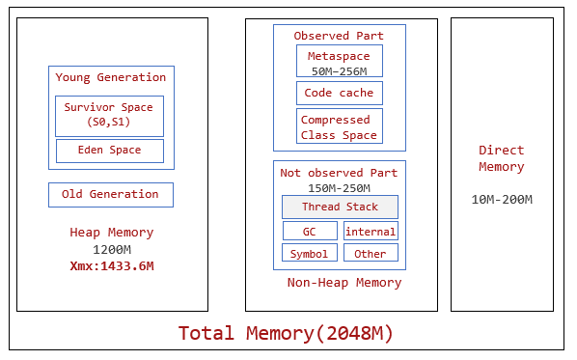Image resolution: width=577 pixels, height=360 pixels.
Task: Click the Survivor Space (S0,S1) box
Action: [x=109, y=116]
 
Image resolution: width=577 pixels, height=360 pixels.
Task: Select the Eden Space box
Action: [x=109, y=151]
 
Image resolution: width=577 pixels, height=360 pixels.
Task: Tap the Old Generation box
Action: [x=110, y=194]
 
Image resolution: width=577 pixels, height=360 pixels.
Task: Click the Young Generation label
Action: [x=110, y=77]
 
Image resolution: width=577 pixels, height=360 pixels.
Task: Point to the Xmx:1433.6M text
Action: [x=111, y=265]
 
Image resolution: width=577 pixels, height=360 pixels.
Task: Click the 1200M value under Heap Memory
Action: [x=111, y=249]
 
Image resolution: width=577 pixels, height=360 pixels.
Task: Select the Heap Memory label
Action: [x=111, y=233]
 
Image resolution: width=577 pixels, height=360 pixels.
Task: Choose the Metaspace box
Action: [x=339, y=61]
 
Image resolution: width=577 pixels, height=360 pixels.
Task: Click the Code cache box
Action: [x=339, y=93]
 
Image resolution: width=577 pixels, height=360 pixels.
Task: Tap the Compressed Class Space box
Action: [x=339, y=126]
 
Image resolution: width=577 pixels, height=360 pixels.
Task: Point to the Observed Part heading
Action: [x=339, y=36]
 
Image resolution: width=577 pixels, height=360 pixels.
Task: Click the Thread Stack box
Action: [x=340, y=207]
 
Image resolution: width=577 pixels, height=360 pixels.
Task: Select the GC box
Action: [x=310, y=231]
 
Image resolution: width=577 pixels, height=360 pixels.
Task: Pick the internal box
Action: [x=371, y=231]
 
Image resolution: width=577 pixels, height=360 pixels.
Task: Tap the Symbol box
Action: [x=310, y=254]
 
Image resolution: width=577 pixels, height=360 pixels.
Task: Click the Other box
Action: [x=371, y=254]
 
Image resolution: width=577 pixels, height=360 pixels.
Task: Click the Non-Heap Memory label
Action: [x=344, y=283]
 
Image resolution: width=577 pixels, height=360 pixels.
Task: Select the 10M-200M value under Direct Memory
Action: [x=502, y=200]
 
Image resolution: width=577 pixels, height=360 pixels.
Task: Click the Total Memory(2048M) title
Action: [x=286, y=334]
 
